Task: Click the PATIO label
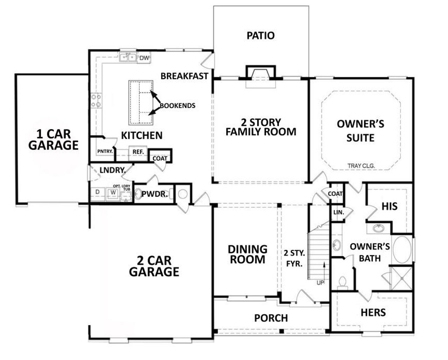coord(260,35)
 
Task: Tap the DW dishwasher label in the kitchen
coord(144,58)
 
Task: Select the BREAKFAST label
coord(184,76)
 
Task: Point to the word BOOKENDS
coord(177,105)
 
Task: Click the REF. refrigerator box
coord(137,152)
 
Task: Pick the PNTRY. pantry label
coord(105,151)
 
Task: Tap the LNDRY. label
coord(112,170)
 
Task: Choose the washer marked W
coord(113,192)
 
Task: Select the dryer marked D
coord(98,192)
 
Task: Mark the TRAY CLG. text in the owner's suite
coord(361,166)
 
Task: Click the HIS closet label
coord(389,206)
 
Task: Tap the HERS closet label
coord(373,312)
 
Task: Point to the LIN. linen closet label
coord(338,212)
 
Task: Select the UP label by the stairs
coord(320,283)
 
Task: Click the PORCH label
coord(271,318)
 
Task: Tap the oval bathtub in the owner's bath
coord(402,249)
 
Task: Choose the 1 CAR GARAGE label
coord(53,139)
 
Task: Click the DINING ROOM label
coord(247,254)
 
